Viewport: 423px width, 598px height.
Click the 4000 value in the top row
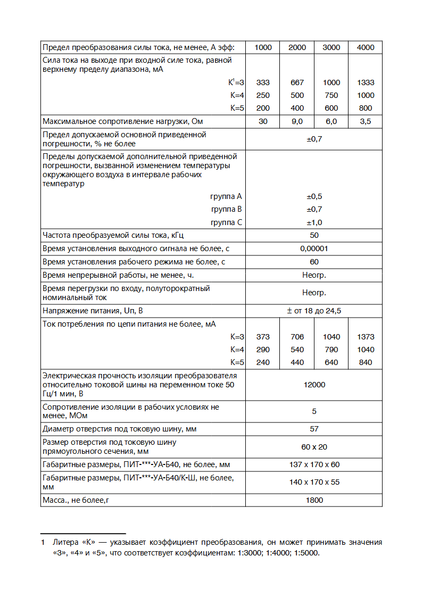[x=366, y=47]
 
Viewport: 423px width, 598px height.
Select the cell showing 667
[x=297, y=82]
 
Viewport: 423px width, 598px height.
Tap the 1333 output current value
[x=366, y=82]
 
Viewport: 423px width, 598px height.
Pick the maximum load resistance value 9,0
[x=297, y=121]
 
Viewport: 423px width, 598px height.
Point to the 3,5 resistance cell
[x=366, y=121]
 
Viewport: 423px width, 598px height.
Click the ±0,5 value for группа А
[x=314, y=196]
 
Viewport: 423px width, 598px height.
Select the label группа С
[x=227, y=222]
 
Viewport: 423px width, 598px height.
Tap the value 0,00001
[x=314, y=248]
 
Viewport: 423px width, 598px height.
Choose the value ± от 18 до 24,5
[x=314, y=311]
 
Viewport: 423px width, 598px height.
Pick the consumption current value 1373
[x=366, y=337]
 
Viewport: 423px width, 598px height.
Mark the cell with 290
[x=263, y=350]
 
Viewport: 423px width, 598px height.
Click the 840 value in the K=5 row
[x=366, y=362]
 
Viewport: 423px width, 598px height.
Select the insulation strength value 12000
[x=314, y=385]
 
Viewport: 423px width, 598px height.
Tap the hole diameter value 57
[x=314, y=429]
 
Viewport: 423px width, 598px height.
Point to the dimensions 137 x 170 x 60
[x=314, y=464]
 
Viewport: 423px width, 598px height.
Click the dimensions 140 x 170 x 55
[x=314, y=482]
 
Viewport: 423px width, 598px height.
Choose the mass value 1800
[x=314, y=500]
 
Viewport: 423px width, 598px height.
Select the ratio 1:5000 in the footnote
[x=307, y=552]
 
